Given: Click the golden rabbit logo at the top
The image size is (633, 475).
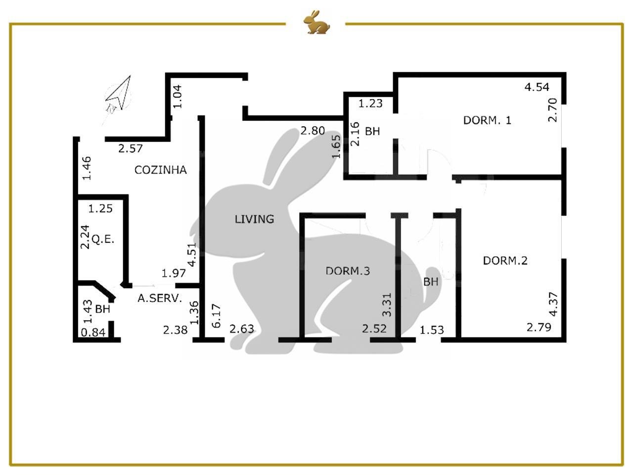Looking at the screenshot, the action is click(x=316, y=22).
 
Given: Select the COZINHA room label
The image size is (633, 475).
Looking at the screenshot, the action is click(x=161, y=170).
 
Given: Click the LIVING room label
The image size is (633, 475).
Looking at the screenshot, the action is click(x=254, y=219).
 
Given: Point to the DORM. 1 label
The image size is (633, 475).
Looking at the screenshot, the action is click(x=487, y=120).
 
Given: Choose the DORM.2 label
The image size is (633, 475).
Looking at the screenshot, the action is click(x=505, y=261).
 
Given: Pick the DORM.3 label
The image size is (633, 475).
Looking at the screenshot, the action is click(x=348, y=271).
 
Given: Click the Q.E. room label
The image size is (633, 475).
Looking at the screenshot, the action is click(x=103, y=239).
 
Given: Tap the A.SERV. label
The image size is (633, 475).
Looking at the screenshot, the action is click(x=160, y=298).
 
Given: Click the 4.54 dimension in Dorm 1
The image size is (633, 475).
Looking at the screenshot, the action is click(x=537, y=87).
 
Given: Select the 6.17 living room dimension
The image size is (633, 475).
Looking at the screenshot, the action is click(x=216, y=316).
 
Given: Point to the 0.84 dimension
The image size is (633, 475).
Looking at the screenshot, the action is click(x=93, y=332).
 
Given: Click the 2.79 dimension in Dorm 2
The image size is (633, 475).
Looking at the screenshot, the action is click(x=539, y=328).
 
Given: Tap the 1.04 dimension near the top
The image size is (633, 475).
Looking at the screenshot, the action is click(x=177, y=96).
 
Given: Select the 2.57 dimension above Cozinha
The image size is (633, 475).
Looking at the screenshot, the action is click(x=131, y=148).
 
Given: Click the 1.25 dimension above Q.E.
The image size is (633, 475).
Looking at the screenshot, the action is click(x=100, y=208).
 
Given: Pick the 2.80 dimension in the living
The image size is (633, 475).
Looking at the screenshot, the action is click(x=313, y=131).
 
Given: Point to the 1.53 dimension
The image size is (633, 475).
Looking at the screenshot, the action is click(x=431, y=330).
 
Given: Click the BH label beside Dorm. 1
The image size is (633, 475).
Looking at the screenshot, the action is click(x=372, y=131).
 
